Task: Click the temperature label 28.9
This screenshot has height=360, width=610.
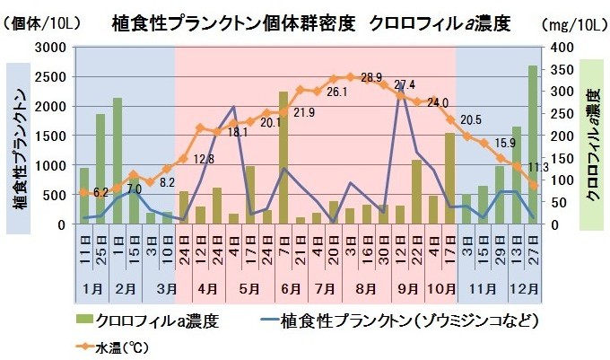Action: [x=371, y=77]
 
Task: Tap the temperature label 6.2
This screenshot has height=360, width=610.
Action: [x=100, y=192]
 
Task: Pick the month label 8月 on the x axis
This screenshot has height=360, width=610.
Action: [x=365, y=289]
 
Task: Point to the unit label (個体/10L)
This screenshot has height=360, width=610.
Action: [x=42, y=24]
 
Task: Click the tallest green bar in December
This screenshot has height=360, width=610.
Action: [x=533, y=145]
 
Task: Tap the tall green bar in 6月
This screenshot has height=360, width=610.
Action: [x=283, y=158]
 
